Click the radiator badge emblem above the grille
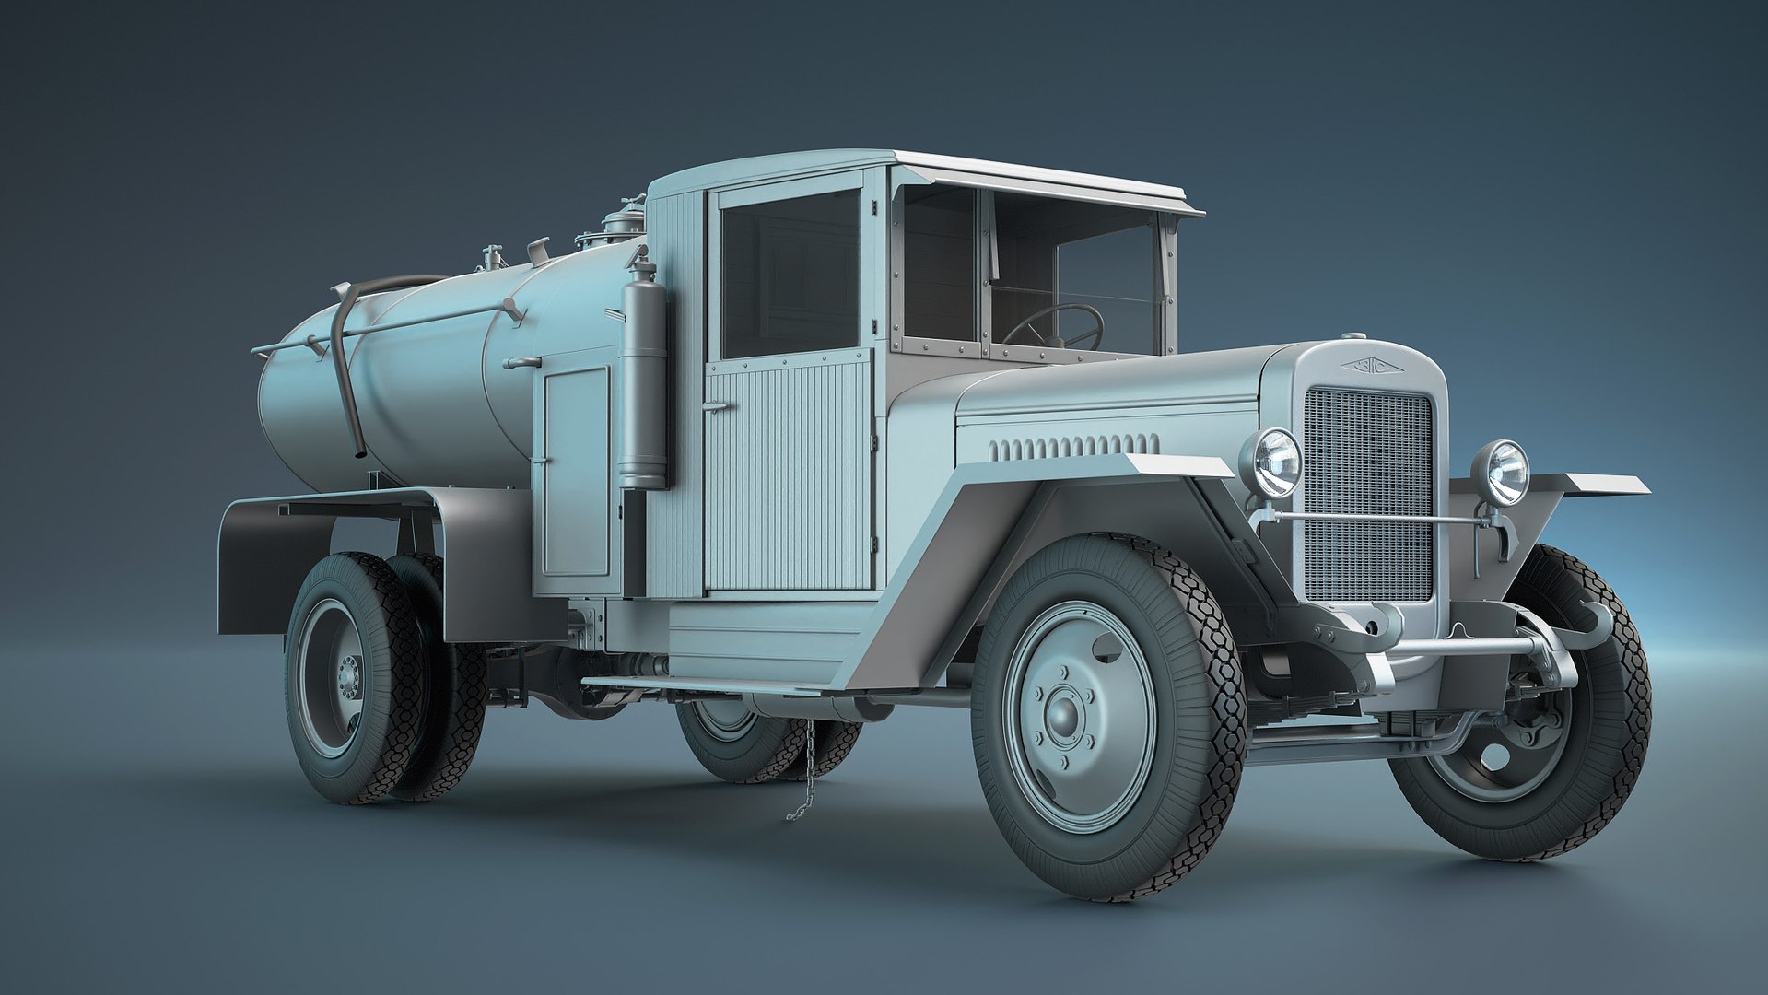(x=1367, y=366)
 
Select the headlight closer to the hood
(x=1274, y=462)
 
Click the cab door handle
(x=715, y=406)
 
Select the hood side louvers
(x=1072, y=446)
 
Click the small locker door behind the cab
(x=576, y=471)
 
